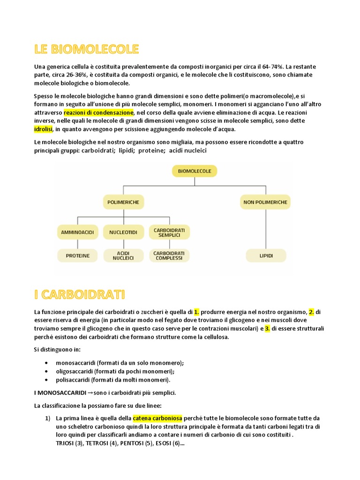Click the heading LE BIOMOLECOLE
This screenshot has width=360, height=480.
(x=87, y=49)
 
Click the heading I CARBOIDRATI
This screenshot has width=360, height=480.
(x=80, y=294)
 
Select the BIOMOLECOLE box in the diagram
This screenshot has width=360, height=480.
(x=195, y=171)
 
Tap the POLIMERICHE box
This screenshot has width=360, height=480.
(x=124, y=202)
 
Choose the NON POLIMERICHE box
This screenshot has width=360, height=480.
(x=265, y=202)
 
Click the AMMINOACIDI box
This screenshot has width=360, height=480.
(x=78, y=232)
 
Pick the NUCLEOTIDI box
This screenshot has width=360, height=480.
(x=123, y=232)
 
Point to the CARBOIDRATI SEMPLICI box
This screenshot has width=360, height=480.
(x=169, y=232)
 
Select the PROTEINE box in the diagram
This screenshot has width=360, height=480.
(x=78, y=256)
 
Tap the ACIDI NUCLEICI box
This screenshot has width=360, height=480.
(x=123, y=256)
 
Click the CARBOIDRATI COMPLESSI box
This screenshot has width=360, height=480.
(x=169, y=256)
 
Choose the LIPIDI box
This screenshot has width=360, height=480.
(x=265, y=256)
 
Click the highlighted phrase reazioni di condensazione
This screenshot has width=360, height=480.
(x=99, y=112)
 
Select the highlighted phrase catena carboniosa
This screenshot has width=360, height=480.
(x=157, y=418)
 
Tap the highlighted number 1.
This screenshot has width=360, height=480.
(x=197, y=312)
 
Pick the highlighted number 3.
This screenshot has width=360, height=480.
(x=267, y=329)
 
